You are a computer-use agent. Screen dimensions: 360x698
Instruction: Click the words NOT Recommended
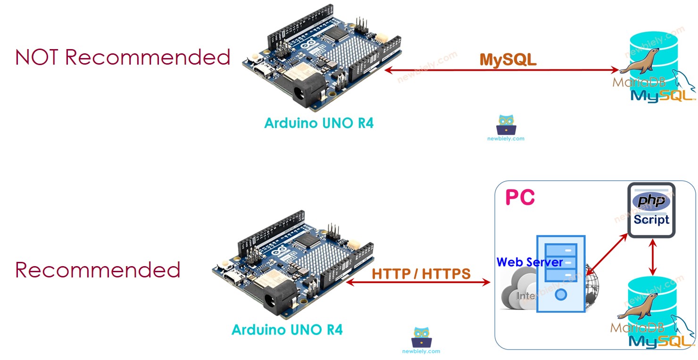[x=123, y=57]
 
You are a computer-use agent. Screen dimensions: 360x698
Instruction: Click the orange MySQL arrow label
[x=508, y=59]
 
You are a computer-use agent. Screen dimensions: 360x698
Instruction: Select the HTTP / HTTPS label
[x=421, y=274]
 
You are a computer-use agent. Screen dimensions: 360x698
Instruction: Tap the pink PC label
[x=520, y=197]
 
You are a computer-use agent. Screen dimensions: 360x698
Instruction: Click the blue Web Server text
[x=529, y=262]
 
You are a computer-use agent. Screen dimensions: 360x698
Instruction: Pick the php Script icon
[x=651, y=210]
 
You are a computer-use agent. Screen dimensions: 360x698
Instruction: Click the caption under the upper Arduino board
[x=319, y=123]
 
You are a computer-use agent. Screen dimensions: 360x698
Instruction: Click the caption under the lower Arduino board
[x=287, y=329]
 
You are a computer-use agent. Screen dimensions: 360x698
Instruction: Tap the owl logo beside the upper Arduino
[x=506, y=126]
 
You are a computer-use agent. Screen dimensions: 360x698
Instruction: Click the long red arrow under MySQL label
[x=501, y=71]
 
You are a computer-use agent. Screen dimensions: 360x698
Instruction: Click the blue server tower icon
[x=560, y=274]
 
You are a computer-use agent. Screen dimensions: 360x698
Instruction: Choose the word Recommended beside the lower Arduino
[x=98, y=270]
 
